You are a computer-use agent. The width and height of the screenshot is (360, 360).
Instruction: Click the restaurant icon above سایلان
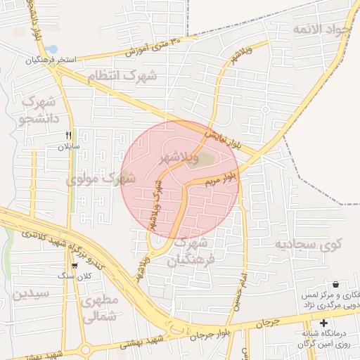[x=68, y=135]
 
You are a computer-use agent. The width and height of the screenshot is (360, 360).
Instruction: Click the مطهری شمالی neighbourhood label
[x=99, y=309]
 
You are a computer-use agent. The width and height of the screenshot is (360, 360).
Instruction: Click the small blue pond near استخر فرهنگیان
[x=51, y=49]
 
